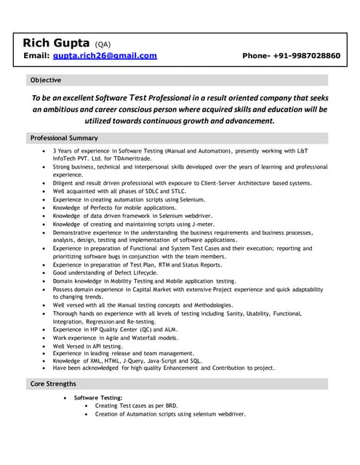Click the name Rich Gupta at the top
tap(56, 41)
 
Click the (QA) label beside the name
tap(103, 43)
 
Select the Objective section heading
tap(45, 80)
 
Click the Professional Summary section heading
tap(63, 137)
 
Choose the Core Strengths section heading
tap(52, 383)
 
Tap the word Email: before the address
tap(36, 55)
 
